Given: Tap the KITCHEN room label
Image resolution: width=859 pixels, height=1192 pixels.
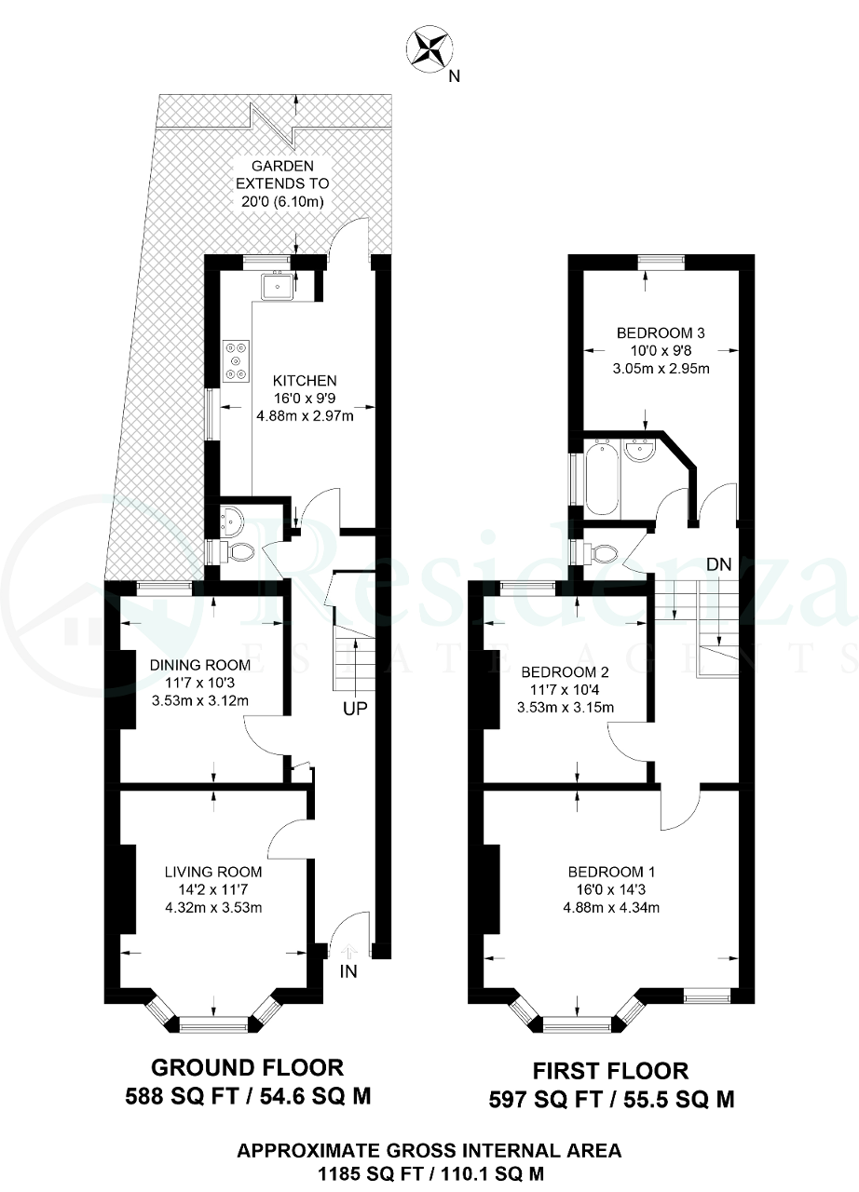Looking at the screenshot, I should point(305,381).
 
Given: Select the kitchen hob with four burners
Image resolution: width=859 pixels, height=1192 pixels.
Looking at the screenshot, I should point(237,361).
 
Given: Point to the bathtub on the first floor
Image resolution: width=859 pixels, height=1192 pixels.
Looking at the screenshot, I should point(601,479).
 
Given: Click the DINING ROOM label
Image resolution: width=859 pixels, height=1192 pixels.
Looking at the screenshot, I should point(200,664).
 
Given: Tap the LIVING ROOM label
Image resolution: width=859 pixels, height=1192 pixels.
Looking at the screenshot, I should point(213,872).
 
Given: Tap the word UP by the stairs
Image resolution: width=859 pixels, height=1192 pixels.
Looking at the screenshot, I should point(355,709).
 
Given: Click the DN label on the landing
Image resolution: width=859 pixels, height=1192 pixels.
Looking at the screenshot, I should point(718,564).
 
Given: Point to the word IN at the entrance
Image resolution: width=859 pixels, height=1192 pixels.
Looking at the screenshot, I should point(348,972).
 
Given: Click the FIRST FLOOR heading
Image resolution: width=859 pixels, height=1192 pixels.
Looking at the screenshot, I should point(611,1070).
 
